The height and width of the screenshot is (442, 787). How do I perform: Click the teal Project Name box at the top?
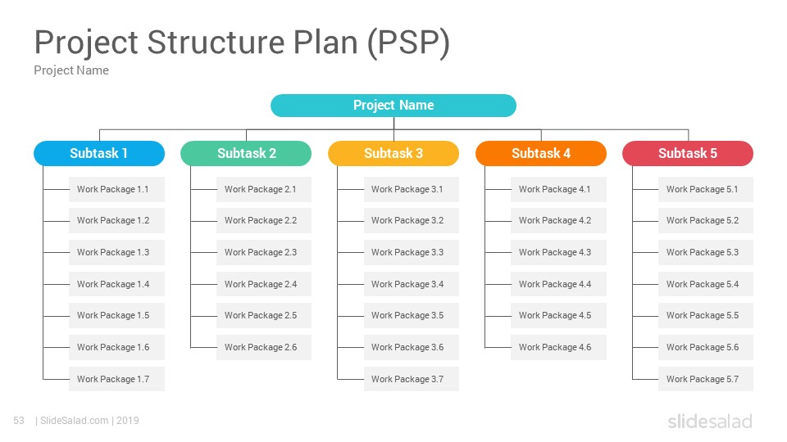[393, 106]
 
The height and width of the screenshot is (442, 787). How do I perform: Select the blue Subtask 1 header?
[99, 153]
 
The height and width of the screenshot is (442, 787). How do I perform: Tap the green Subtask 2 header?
[246, 153]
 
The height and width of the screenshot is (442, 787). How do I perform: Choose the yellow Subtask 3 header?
[393, 153]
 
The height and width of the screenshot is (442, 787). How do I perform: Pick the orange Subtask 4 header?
[541, 153]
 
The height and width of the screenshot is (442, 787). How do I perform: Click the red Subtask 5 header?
[688, 153]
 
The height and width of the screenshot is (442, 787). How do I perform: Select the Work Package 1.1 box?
[117, 189]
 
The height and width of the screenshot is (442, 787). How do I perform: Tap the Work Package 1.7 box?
[117, 379]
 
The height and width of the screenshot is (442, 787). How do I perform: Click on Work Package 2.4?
[264, 284]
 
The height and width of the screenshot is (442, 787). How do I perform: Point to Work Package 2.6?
[264, 347]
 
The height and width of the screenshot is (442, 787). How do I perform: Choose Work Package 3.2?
[412, 220]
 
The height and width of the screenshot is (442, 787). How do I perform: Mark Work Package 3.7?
[412, 379]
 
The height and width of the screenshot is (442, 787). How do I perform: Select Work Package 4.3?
[558, 252]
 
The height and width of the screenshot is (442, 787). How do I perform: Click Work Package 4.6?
[558, 347]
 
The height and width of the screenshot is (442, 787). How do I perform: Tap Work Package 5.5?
[706, 315]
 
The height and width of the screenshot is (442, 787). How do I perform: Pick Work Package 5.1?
[706, 189]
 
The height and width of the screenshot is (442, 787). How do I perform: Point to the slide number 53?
[19, 421]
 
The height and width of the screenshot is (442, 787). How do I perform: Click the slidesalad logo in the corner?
[710, 422]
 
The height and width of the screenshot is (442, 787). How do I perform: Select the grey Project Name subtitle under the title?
[71, 70]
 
